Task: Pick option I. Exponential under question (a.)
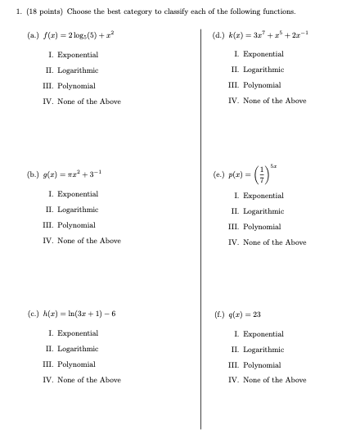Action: point(73,54)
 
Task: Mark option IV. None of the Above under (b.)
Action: point(82,241)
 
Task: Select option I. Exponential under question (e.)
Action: point(259,196)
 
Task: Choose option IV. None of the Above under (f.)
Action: point(268,380)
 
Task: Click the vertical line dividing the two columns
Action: point(200,229)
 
